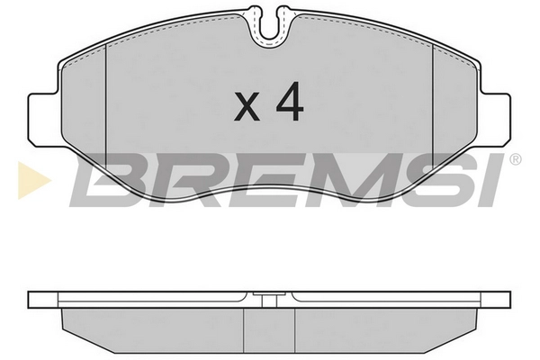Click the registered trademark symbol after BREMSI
(514, 162)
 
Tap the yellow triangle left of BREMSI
(26, 179)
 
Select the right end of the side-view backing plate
(504, 299)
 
